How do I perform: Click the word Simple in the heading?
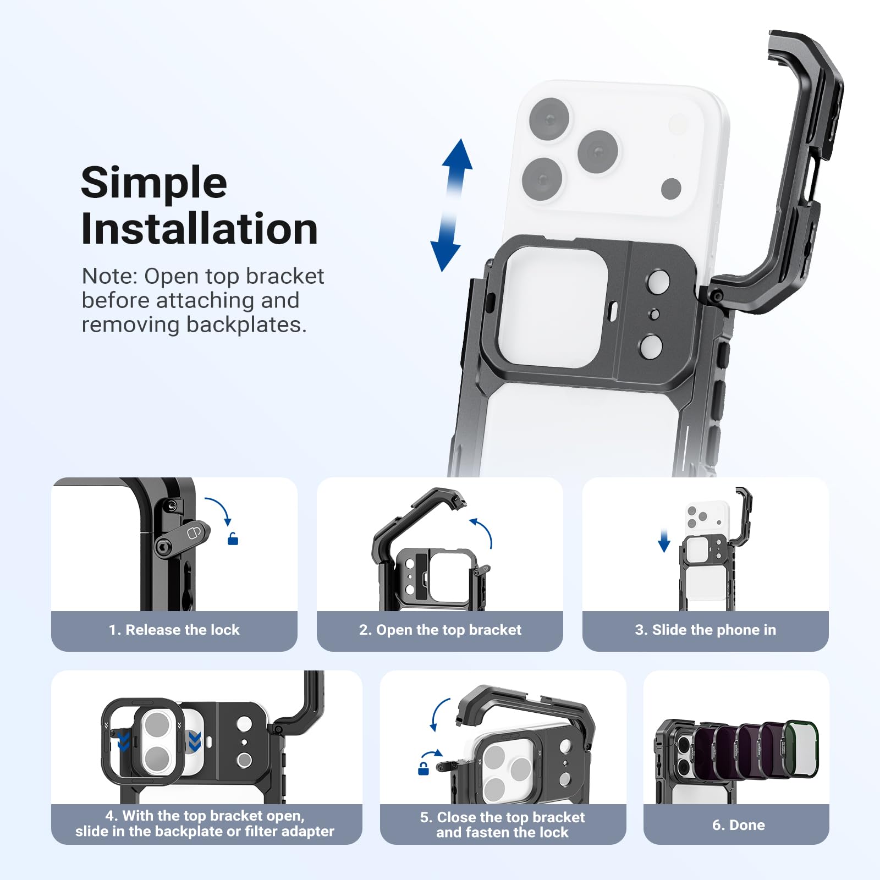coord(153,183)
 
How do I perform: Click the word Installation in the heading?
coord(199,229)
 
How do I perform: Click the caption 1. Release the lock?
coord(174,630)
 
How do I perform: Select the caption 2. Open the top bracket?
coord(440,630)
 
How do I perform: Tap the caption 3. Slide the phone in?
coord(705,630)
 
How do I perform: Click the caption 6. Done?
coord(738,825)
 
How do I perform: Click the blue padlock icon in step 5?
coord(424,768)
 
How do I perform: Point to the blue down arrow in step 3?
coord(664,541)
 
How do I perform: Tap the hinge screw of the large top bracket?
coord(716,296)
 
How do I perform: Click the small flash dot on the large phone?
coord(671,188)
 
